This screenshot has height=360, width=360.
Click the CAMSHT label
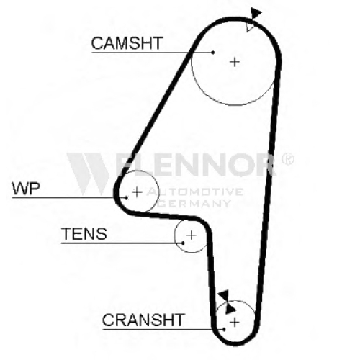point(127,43)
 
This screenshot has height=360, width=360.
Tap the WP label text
point(26,189)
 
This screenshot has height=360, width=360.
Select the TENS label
point(84,234)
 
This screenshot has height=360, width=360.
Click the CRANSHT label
point(143,320)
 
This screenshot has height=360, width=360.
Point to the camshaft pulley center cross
point(235,62)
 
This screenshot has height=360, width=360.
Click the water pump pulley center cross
point(137,192)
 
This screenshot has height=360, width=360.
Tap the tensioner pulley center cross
point(192,235)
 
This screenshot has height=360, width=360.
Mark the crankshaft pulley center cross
point(235,322)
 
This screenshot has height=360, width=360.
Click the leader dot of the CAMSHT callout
point(213,53)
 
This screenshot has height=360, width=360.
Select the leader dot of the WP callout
point(127,198)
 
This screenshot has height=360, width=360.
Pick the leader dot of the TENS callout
point(183,243)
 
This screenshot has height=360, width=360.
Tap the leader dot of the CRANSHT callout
point(224,329)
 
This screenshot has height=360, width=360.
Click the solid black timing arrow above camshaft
point(256,13)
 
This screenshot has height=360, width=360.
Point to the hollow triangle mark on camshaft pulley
point(250,27)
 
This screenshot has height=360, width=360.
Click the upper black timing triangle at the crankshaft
point(224,294)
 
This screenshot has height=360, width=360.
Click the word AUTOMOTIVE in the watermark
point(195,192)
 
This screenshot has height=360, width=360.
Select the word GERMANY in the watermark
point(195,204)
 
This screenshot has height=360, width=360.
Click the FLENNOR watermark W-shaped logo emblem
point(88,174)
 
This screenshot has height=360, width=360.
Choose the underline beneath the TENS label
point(122,243)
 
